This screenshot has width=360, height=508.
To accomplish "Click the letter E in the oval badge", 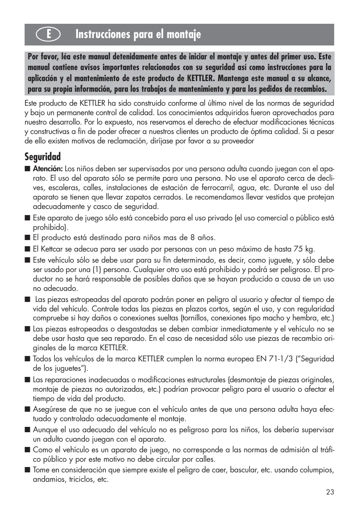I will click(x=48, y=35).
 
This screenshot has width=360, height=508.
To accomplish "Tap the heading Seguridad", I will click(x=43, y=156).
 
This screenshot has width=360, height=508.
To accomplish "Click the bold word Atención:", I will click(x=48, y=169).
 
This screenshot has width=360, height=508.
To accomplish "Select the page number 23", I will click(x=330, y=492).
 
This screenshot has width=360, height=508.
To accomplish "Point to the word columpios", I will click(x=317, y=470).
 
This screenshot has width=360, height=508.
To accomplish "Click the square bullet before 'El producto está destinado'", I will click(x=27, y=238).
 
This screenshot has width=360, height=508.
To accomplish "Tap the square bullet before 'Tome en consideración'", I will click(x=27, y=470).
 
